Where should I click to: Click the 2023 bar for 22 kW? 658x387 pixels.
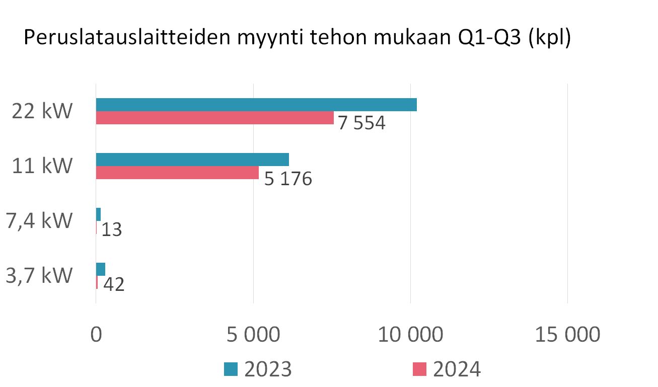pyautogui.click(x=256, y=105)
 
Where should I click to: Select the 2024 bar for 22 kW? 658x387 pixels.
pyautogui.click(x=214, y=118)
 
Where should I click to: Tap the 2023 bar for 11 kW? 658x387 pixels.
pyautogui.click(x=192, y=159)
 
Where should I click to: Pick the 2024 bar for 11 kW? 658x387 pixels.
pyautogui.click(x=177, y=173)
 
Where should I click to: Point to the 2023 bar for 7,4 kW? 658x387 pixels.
pyautogui.click(x=98, y=214)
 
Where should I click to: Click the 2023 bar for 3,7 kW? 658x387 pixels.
pyautogui.click(x=101, y=269)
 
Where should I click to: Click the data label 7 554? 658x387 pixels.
pyautogui.click(x=361, y=123)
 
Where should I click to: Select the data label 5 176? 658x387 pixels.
pyautogui.click(x=288, y=179)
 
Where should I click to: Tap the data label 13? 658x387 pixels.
pyautogui.click(x=111, y=230)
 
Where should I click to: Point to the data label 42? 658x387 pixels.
pyautogui.click(x=113, y=285)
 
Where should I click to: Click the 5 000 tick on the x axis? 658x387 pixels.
pyautogui.click(x=253, y=335)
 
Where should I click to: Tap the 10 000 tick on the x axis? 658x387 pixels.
pyautogui.click(x=411, y=335)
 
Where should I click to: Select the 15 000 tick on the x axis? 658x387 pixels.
pyautogui.click(x=568, y=335)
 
